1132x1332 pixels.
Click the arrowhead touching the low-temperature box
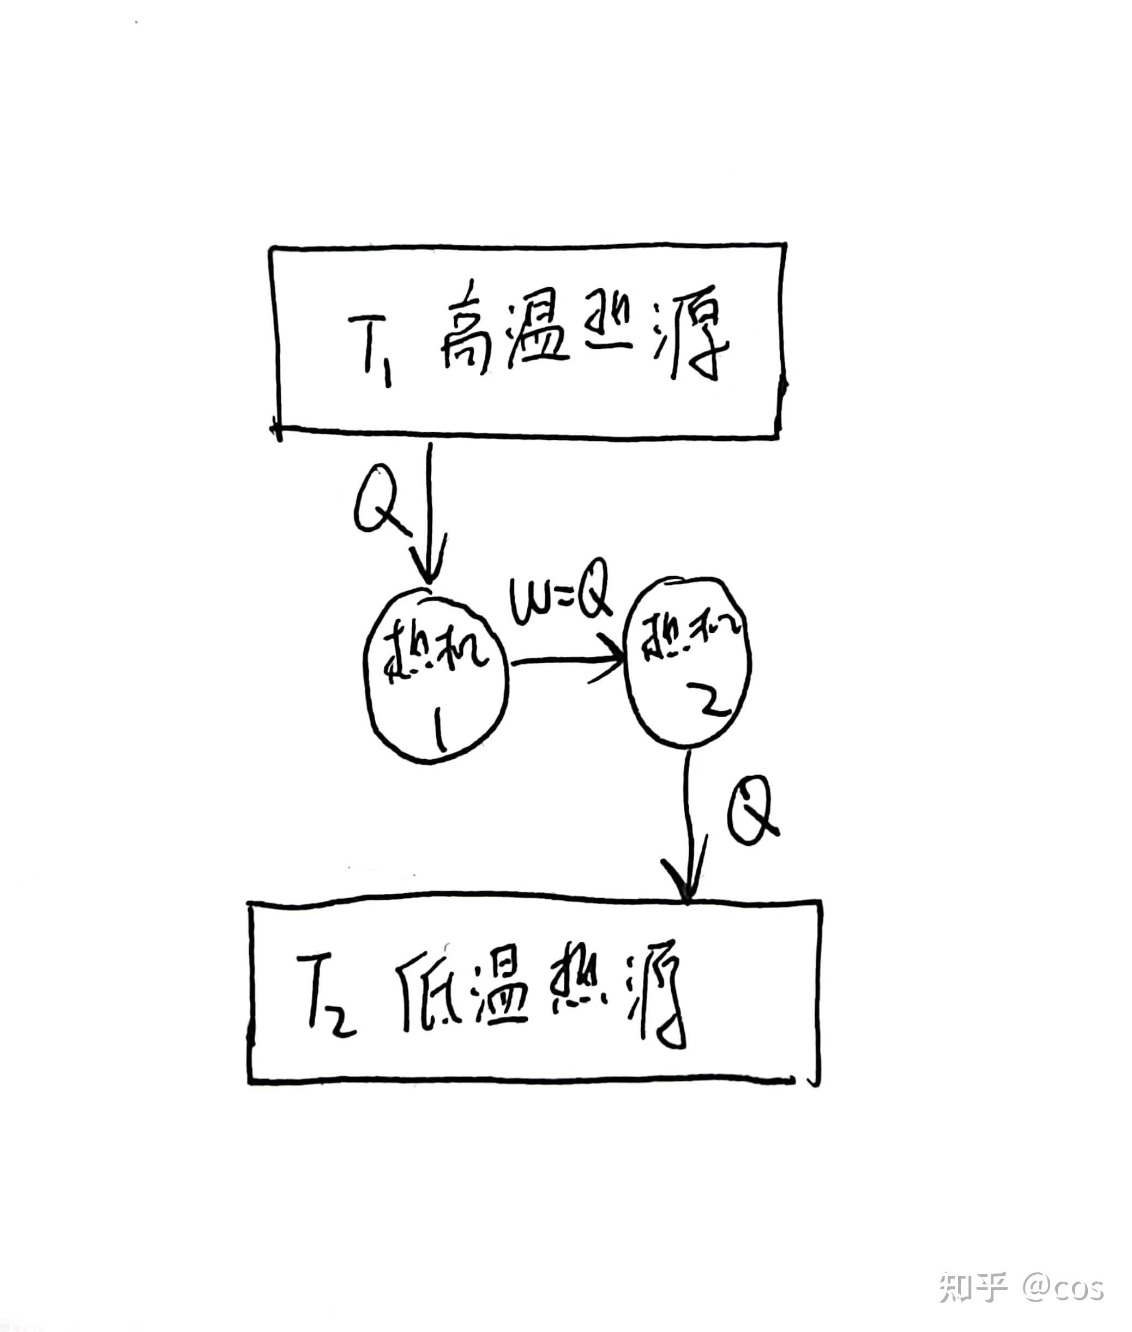[687, 888]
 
